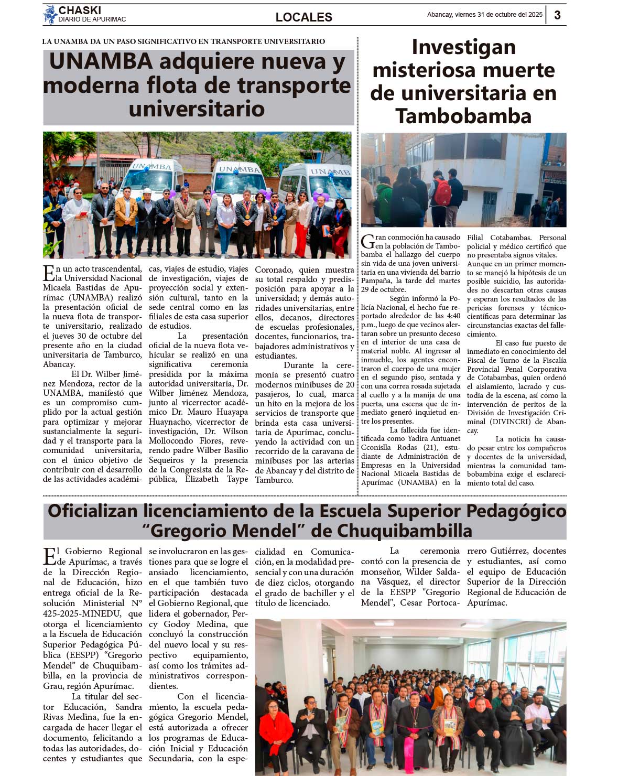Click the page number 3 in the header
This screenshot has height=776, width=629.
coord(557,15)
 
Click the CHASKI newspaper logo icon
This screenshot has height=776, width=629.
coord(50,15)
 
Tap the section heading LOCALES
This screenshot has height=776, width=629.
coord(303,17)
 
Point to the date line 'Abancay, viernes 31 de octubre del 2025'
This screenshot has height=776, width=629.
coord(484,15)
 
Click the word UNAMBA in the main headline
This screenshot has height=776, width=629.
coord(101,62)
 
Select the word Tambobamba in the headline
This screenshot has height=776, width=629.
coord(463,116)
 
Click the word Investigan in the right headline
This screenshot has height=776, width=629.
coord(463,47)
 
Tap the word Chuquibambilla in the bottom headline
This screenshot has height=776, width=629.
coord(404,531)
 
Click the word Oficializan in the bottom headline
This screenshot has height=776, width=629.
coord(93,511)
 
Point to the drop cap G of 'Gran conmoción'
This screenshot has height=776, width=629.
coord(367,241)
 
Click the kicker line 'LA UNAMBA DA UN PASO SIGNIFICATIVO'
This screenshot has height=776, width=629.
coord(183,41)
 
